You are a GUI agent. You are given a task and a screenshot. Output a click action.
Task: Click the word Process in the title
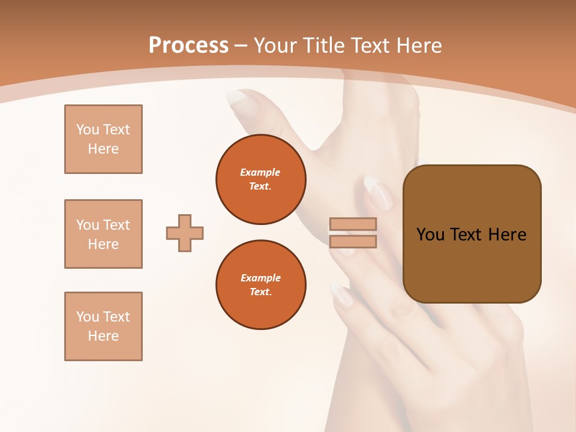[x=188, y=46]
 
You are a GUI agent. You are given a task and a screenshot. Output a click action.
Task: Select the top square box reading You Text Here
[x=103, y=139]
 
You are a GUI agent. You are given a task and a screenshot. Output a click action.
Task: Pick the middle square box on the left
[x=103, y=234]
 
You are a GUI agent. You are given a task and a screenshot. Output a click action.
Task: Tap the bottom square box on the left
[x=103, y=326]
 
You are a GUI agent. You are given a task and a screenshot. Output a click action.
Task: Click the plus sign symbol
[x=185, y=233]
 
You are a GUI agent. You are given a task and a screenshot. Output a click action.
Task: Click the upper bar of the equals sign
[x=353, y=224]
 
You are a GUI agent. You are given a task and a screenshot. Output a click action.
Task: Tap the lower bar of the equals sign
[x=353, y=242]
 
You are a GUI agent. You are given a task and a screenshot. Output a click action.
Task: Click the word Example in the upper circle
[x=260, y=172]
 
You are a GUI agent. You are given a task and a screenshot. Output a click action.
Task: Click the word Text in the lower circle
[x=260, y=292]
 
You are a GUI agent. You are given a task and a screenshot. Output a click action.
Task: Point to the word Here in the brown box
[x=507, y=235]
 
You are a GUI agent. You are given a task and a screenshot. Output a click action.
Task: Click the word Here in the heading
[x=418, y=46]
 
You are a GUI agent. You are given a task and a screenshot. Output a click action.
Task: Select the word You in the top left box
[x=88, y=130]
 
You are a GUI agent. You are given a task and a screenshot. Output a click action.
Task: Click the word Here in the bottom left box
[x=103, y=336]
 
